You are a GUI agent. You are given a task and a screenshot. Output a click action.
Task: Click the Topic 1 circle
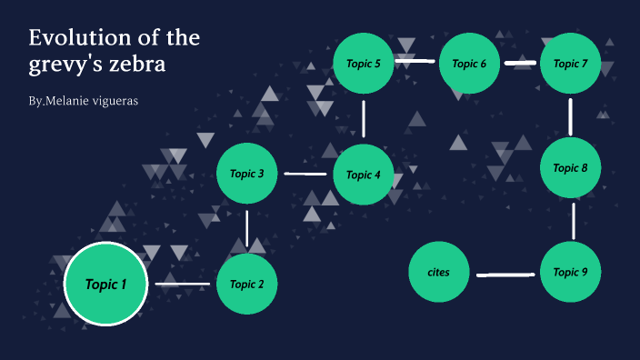(x=106, y=285)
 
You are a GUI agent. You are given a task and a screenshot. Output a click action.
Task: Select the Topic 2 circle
(x=247, y=285)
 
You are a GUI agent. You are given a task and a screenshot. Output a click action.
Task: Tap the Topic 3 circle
(x=247, y=174)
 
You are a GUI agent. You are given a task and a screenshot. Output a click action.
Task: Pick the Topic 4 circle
(x=364, y=175)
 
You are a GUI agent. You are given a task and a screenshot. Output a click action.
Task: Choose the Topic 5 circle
(x=364, y=63)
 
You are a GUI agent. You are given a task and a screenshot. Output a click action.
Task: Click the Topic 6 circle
(x=470, y=63)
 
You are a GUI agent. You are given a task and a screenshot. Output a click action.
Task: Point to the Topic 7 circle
(x=571, y=63)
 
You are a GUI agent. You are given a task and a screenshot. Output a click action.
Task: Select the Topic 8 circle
(x=571, y=168)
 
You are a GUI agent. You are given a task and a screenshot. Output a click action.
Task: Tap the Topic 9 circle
(x=571, y=272)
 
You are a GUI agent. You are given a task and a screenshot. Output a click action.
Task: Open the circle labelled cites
(x=438, y=272)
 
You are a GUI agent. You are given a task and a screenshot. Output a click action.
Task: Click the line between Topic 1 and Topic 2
(x=183, y=285)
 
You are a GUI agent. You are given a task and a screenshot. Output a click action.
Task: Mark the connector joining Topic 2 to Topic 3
(x=247, y=228)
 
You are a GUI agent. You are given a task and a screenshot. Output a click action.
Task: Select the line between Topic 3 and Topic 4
(x=305, y=174)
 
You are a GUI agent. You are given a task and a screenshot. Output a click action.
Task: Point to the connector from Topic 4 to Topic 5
(x=364, y=118)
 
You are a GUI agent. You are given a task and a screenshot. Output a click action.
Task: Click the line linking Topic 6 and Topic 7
(x=520, y=63)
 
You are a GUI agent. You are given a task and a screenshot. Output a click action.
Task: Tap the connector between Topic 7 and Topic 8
(x=571, y=115)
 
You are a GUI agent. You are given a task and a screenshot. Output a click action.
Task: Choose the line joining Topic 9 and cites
(x=505, y=274)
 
